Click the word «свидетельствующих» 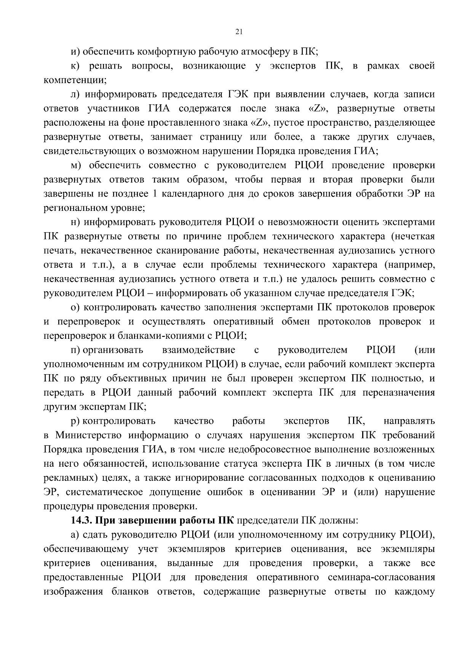coord(88,151)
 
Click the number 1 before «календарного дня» coord(154,194)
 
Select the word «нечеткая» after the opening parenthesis coord(415,236)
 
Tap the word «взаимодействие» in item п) coord(198,350)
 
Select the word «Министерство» coord(89,435)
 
